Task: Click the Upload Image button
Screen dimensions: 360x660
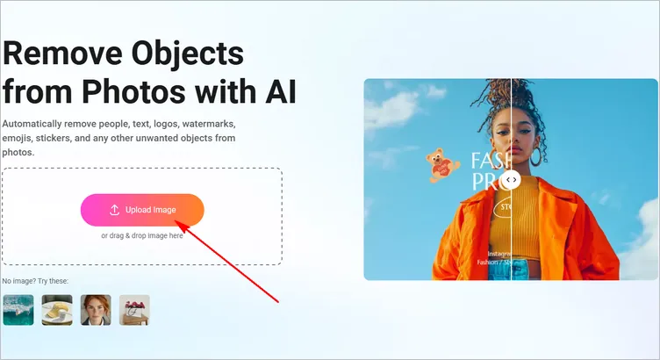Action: pyautogui.click(x=142, y=210)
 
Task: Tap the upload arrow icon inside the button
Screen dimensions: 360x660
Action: pyautogui.click(x=114, y=210)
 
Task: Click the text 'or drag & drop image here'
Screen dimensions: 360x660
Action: pyautogui.click(x=142, y=235)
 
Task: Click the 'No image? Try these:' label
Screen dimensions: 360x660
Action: pyautogui.click(x=35, y=281)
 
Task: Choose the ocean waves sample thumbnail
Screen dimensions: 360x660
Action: pyautogui.click(x=18, y=310)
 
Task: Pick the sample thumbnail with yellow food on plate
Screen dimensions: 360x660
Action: pyautogui.click(x=57, y=310)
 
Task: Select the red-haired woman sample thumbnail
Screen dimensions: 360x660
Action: pyautogui.click(x=96, y=310)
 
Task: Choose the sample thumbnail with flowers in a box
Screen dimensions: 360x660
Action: pyautogui.click(x=134, y=310)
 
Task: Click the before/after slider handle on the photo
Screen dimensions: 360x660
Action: pyautogui.click(x=512, y=179)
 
